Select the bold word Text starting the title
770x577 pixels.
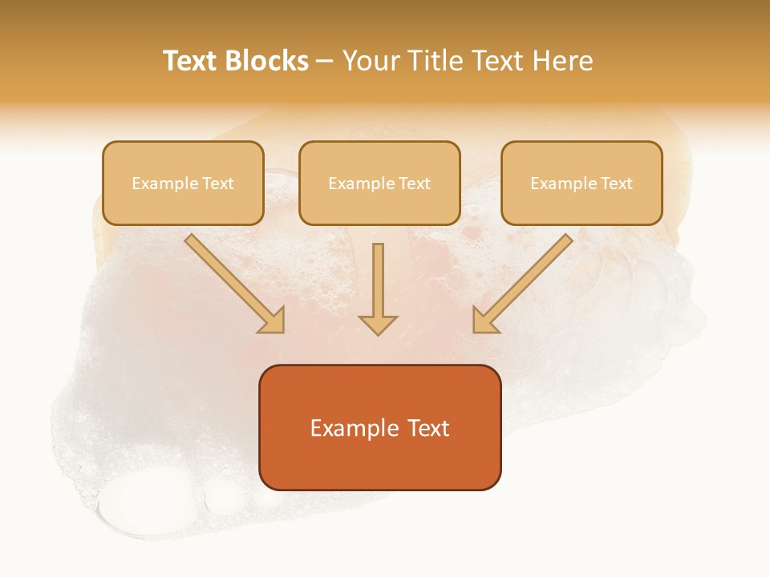coord(191,61)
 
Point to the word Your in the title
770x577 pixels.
coord(367,61)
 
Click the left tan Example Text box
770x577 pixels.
coord(183,184)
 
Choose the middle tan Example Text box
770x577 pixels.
coord(379,184)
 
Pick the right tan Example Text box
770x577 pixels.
coord(582,184)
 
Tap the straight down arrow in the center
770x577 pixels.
coord(378,284)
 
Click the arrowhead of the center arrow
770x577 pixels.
coord(378,324)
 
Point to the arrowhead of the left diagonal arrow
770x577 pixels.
coord(273,321)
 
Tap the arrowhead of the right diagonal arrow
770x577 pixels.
coord(484,321)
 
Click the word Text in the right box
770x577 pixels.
coord(617,184)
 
